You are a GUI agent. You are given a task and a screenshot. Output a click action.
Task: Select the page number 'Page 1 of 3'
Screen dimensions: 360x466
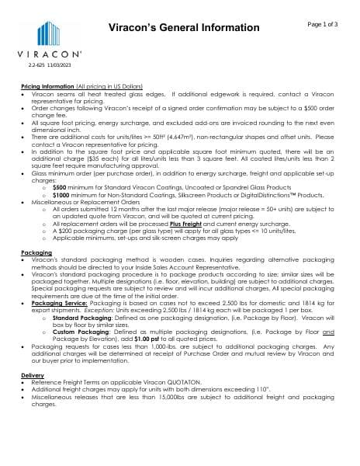[x=322, y=24]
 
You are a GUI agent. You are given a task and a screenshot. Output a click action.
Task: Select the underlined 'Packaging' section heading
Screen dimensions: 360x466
[x=36, y=253]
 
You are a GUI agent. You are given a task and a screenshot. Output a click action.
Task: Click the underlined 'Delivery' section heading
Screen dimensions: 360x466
[x=33, y=375]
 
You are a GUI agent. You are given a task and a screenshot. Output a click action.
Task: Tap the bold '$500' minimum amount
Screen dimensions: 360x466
[x=60, y=187]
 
